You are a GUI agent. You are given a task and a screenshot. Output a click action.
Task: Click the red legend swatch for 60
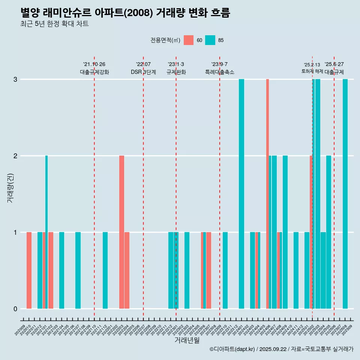point(189,40)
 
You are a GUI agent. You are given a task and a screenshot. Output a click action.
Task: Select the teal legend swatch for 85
point(210,40)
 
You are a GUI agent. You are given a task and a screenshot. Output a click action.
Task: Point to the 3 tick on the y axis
point(15,79)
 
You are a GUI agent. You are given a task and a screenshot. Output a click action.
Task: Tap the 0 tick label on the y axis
point(15,309)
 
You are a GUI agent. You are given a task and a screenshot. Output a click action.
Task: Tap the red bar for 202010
point(29,270)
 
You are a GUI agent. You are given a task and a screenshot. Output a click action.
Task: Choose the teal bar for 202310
point(225,270)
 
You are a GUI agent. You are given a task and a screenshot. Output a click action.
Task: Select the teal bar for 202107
point(78,270)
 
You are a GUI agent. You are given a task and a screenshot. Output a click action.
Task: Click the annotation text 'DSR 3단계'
point(143,72)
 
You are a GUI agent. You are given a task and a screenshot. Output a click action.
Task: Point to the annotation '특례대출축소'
point(220,72)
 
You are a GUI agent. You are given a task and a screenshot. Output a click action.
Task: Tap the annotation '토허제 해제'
point(312,71)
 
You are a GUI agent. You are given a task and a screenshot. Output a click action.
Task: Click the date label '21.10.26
point(94,64)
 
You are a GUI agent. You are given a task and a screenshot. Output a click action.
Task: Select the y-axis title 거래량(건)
point(10,187)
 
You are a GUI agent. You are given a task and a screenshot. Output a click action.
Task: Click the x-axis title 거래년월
point(187,340)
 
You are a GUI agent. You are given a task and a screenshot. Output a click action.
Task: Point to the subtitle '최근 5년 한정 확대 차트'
point(55,24)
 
